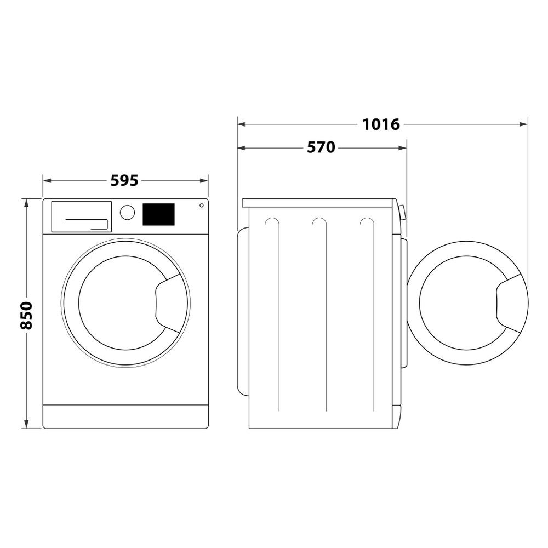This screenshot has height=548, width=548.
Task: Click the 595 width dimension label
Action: [124, 180]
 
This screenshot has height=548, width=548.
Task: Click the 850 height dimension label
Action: [26, 315]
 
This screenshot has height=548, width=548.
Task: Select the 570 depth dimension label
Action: [321, 147]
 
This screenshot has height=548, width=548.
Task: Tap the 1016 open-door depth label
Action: [381, 124]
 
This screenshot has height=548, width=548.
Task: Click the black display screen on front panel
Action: [158, 214]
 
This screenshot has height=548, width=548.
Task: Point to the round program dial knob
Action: [127, 213]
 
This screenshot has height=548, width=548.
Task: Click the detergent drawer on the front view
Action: [81, 216]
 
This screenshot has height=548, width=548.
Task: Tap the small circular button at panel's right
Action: [202, 206]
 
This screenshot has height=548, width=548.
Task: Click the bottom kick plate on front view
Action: [125, 416]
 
